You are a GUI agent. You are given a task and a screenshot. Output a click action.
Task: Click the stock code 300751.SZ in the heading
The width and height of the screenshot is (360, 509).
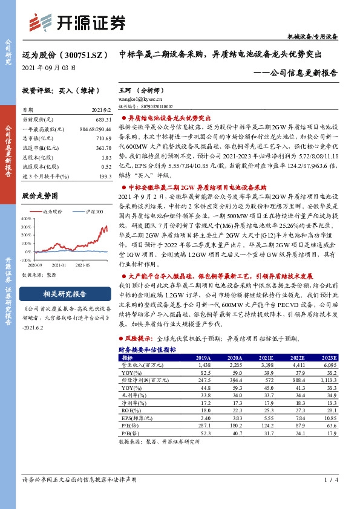coord(81,53)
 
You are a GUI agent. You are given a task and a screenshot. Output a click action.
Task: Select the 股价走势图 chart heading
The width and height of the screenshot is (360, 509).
coord(39,196)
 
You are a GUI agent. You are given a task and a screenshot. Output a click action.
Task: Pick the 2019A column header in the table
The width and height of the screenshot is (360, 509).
coord(203,357)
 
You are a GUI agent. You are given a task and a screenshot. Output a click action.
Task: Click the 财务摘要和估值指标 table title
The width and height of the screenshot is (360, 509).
coord(147,350)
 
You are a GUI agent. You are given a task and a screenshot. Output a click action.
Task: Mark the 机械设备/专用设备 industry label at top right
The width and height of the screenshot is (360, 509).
coord(313,37)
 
